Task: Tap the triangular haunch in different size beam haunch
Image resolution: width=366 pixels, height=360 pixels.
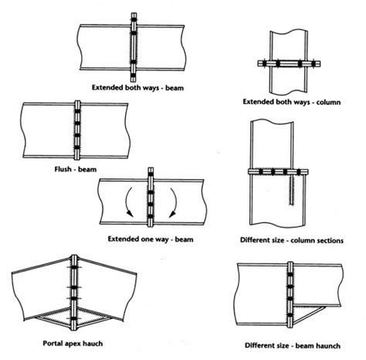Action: tap(312, 314)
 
